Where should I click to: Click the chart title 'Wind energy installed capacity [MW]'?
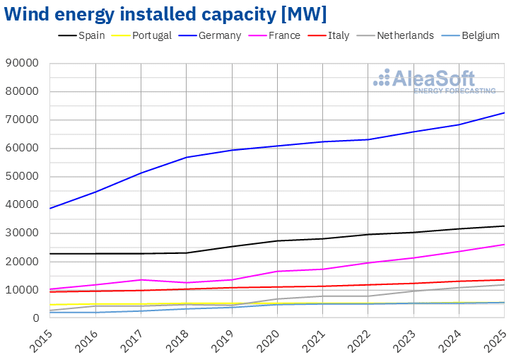click(x=165, y=13)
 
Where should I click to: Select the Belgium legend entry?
click(x=477, y=35)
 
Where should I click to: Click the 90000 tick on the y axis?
click(x=23, y=64)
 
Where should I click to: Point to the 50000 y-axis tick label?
click(x=23, y=177)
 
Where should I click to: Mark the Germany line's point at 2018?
click(x=186, y=157)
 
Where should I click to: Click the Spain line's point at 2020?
click(x=277, y=240)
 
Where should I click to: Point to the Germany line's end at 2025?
click(x=503, y=112)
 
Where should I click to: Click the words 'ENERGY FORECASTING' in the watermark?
click(x=454, y=91)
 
